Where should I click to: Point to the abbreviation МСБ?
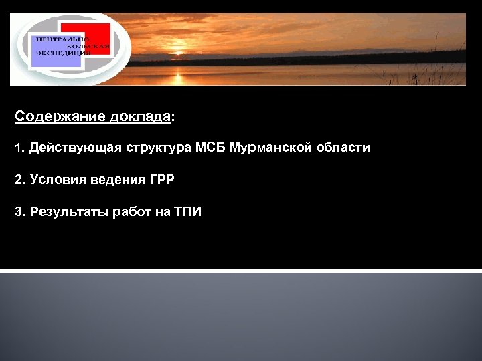[x=211, y=148]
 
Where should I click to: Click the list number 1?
[x=18, y=148]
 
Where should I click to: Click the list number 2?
[x=19, y=180]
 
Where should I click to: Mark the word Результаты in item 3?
[x=64, y=212]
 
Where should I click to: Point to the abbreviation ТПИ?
[x=187, y=212]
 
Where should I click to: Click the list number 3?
[x=19, y=212]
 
